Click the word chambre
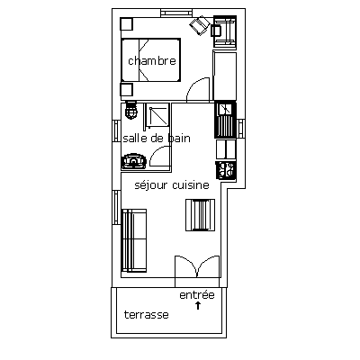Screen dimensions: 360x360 coord(152,61)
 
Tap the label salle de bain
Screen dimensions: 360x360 coord(157,138)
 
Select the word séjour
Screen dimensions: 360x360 coord(151,185)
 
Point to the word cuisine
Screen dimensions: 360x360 coord(191,184)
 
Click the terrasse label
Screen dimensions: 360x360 coord(147,315)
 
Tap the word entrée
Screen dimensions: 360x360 coord(197,295)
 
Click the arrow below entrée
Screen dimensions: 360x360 coord(198,306)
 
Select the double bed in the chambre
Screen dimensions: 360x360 coord(150,59)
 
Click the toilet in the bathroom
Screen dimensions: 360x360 coord(130,111)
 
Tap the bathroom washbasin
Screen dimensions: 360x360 coord(134,161)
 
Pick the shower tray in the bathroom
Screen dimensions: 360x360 coord(157,115)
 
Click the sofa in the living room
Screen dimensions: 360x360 coord(134,240)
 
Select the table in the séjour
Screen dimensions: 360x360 coord(200,215)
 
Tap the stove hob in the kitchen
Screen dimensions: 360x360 coord(226,170)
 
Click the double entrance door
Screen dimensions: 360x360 coord(197,266)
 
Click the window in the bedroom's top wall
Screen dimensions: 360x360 coord(176,13)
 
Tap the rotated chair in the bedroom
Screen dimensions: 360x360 coord(200,25)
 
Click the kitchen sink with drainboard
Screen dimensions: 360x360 coord(225,120)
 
